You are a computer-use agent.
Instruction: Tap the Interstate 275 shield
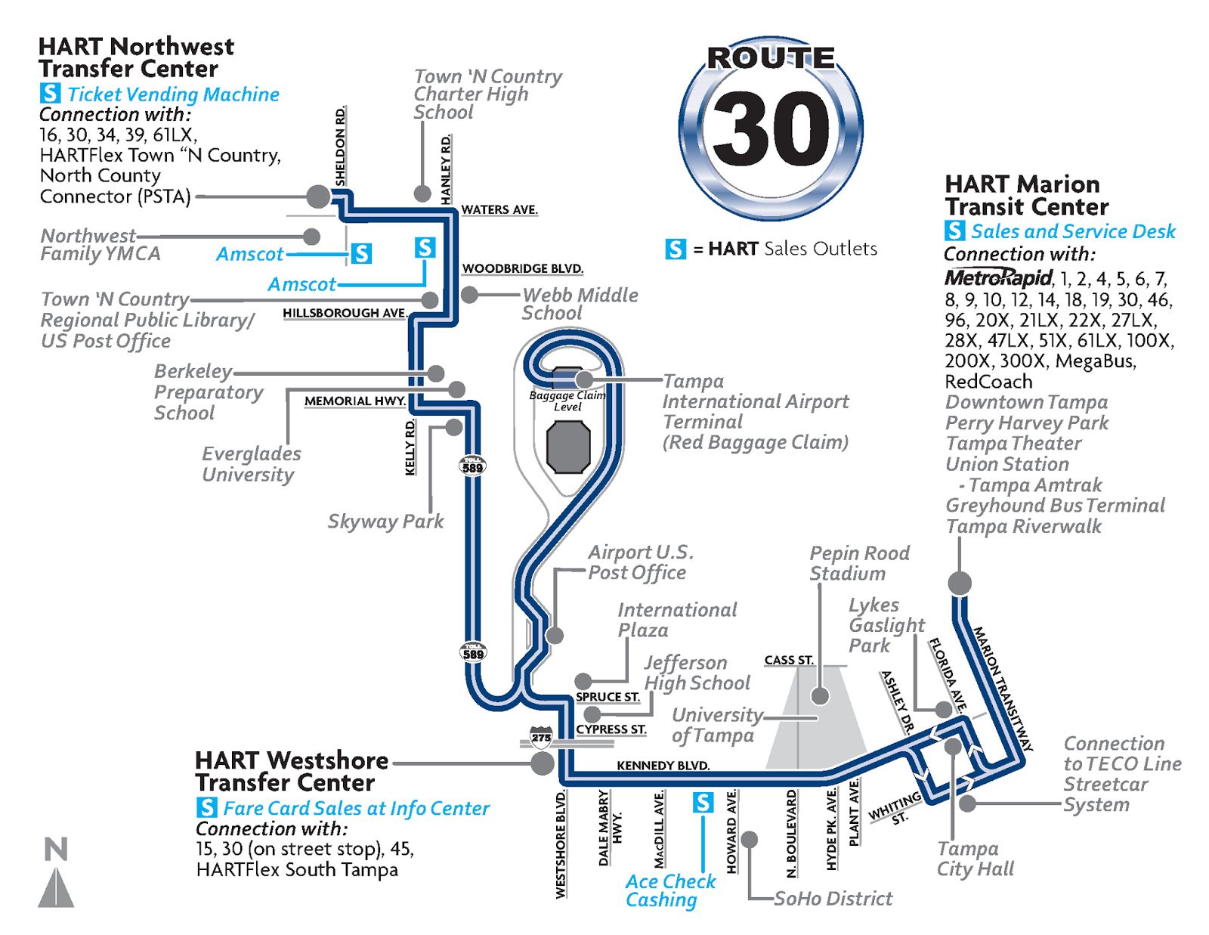pos(541,737)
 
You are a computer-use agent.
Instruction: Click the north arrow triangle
pos(56,887)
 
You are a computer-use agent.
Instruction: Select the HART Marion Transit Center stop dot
pos(960,583)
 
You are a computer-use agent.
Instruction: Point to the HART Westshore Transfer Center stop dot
pos(542,763)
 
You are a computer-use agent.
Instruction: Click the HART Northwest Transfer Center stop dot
pos(318,197)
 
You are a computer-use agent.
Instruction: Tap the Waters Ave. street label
pos(499,210)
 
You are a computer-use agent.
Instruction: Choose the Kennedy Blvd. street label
pos(663,766)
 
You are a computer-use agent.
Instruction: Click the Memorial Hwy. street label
pos(354,401)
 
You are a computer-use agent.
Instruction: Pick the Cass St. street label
pos(789,660)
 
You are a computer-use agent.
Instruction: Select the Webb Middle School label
pos(580,304)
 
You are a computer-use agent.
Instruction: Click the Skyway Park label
pos(385,522)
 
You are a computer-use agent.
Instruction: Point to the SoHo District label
pos(833,899)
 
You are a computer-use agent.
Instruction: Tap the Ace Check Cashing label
pos(670,891)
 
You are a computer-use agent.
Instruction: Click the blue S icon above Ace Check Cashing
pos(703,802)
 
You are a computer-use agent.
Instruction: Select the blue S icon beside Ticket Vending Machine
pos(50,93)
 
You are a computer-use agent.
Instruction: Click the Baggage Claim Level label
pos(567,401)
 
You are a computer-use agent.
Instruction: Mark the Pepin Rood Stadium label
pos(859,563)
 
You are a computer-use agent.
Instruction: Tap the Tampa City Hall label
pos(975,859)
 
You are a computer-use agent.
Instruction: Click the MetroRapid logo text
pos(997,277)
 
